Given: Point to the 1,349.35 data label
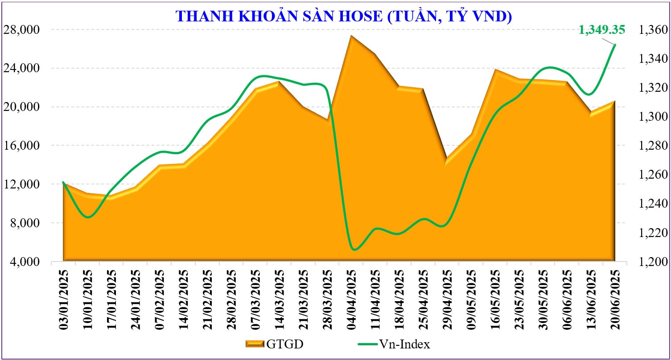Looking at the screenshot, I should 601,30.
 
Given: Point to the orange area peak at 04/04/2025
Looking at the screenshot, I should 351,36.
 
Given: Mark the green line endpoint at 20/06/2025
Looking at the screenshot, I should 615,45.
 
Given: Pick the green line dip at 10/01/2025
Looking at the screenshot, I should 87,217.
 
